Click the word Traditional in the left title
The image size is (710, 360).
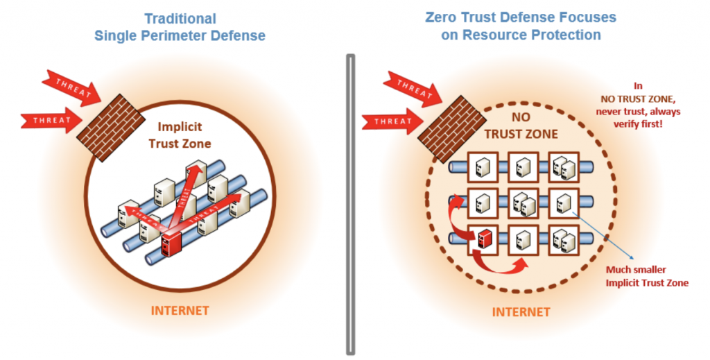[180, 19]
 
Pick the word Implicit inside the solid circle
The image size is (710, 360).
[179, 127]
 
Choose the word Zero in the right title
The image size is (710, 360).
[441, 17]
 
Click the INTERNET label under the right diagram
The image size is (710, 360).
[521, 311]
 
